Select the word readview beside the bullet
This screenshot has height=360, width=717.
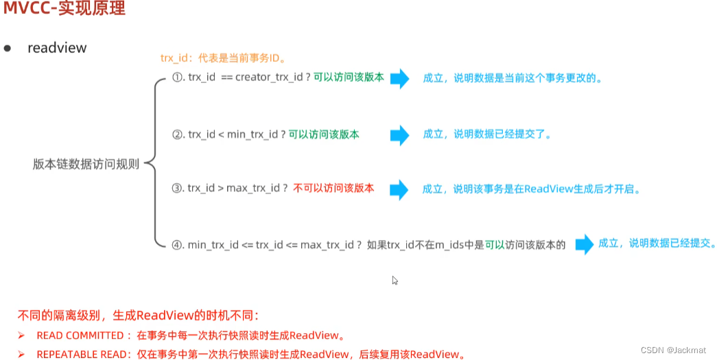(x=57, y=47)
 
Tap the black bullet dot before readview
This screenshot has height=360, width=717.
(x=8, y=48)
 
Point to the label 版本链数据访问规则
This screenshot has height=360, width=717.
(x=86, y=165)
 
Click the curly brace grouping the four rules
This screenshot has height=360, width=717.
(x=155, y=163)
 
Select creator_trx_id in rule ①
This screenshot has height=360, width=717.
(x=270, y=77)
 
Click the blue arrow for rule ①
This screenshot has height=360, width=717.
(x=399, y=78)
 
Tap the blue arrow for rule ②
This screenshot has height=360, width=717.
(x=399, y=135)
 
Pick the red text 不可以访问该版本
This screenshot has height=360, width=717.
(x=333, y=188)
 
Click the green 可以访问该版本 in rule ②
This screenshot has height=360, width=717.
(x=323, y=134)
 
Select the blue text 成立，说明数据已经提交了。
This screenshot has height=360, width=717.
(x=487, y=134)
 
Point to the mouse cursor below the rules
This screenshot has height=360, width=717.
(x=395, y=280)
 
